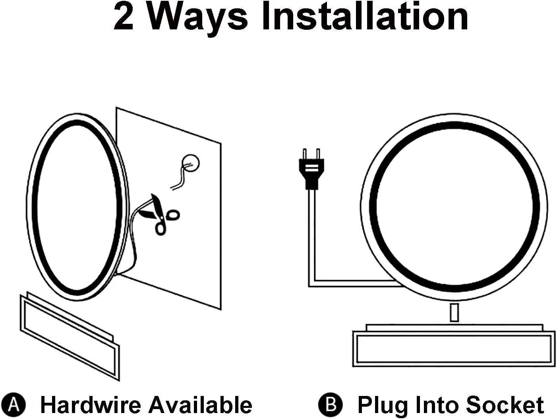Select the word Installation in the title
[365, 17]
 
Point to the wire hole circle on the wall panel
[191, 163]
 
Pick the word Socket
[505, 404]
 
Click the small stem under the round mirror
[454, 313]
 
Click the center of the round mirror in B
[454, 207]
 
